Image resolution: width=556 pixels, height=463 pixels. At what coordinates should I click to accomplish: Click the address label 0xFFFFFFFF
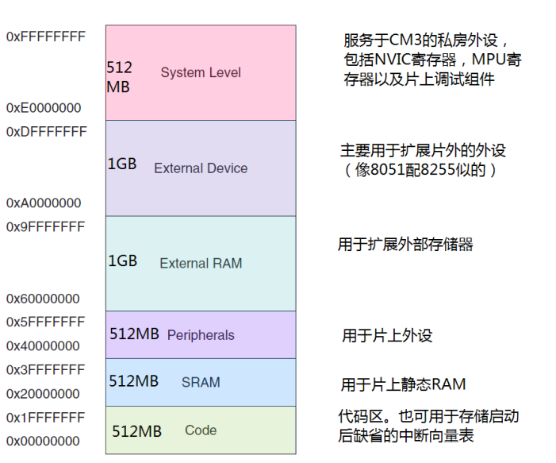point(45,37)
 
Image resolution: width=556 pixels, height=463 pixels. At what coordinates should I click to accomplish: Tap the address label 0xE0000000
point(44,108)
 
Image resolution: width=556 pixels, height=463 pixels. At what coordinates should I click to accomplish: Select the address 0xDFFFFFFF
point(46,132)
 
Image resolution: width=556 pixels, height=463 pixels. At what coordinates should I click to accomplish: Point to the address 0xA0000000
point(44,203)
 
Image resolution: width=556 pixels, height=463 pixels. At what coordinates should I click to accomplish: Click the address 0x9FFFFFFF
point(45,227)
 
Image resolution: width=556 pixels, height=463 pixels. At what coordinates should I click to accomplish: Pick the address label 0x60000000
point(43,299)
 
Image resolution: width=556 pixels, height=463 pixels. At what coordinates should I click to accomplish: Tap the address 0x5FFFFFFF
point(45,322)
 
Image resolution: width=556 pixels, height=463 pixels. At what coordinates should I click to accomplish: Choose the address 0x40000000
point(43,345)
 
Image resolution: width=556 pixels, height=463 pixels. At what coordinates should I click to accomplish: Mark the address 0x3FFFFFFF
point(45,369)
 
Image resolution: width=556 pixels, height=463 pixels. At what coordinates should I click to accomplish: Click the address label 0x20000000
point(43,393)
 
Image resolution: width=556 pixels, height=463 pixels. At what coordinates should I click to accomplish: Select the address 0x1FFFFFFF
point(45,417)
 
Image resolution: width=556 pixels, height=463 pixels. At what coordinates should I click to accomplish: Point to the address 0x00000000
point(43,441)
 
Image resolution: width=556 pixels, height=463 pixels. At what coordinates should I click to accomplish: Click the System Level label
point(201,73)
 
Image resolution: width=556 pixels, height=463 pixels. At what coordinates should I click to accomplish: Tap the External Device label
point(201,168)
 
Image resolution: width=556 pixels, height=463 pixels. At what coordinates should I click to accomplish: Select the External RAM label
point(201,264)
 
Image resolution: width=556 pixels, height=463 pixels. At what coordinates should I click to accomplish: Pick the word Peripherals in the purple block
point(201,335)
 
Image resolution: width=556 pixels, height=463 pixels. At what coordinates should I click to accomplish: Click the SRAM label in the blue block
point(201,383)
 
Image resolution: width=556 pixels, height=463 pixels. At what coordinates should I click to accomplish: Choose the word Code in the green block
point(201,430)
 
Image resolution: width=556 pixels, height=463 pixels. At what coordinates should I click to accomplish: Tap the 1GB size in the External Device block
point(122,164)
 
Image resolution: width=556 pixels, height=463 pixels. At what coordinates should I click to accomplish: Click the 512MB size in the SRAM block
point(133,381)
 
